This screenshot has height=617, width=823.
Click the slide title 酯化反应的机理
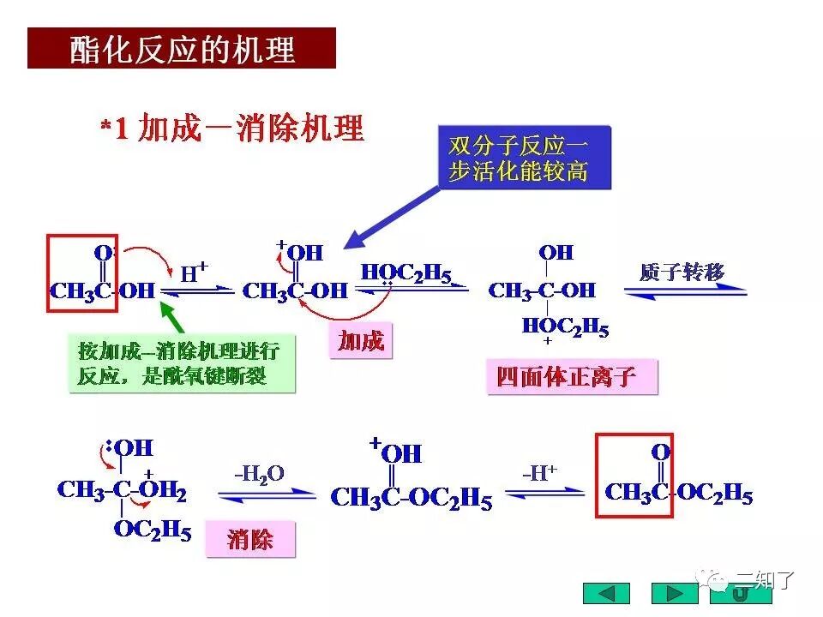pos(182,49)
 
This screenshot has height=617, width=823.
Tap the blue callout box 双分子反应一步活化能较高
pos(524,158)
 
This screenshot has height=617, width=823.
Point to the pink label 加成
pos(360,341)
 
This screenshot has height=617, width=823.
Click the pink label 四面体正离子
pos(571,376)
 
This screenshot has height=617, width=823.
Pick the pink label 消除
pos(250,540)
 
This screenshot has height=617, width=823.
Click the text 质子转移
pos(682,273)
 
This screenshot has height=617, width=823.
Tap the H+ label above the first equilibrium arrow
pos(195,273)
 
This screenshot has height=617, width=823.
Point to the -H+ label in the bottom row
pos(539,472)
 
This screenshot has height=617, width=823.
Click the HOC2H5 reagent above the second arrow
pos(405,273)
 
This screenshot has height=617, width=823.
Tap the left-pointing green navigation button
pos(606,593)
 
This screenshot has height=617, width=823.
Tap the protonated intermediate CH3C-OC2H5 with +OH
pos(411,497)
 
